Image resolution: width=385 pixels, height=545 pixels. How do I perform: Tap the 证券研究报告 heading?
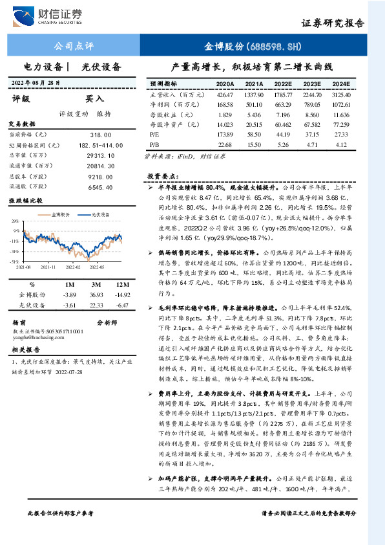point(333,23)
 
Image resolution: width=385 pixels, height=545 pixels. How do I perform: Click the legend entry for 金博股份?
point(61,212)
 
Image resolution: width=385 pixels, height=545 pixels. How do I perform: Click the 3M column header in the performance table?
point(96,285)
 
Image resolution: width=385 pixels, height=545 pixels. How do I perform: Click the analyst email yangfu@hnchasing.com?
point(37,336)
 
